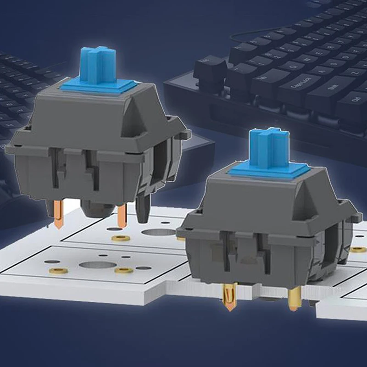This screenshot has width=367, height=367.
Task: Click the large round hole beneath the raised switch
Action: click(158, 232)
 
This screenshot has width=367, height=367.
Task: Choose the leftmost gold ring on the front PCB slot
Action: click(58, 271)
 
